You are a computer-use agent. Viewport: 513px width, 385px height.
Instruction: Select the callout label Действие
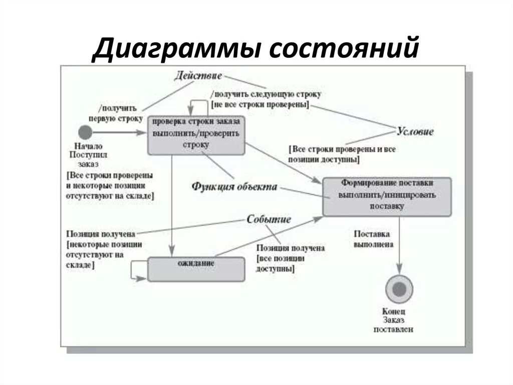(198, 76)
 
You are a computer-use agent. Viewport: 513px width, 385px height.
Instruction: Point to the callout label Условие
(415, 132)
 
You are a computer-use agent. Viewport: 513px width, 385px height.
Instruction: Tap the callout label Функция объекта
(234, 187)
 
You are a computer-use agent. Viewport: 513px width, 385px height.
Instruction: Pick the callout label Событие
(269, 220)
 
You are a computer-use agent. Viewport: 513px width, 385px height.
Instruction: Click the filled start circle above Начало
(86, 133)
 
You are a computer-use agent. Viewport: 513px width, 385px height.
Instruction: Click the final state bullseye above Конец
(399, 290)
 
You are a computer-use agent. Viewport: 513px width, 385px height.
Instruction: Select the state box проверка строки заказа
(196, 135)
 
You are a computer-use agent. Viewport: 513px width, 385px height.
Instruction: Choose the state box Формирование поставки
(387, 196)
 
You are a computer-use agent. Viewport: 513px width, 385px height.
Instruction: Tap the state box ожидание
(196, 269)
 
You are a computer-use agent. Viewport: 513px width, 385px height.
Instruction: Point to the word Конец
(394, 312)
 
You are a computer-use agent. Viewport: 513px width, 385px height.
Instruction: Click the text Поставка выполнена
(373, 239)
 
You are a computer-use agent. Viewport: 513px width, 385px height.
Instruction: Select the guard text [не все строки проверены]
(260, 104)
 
